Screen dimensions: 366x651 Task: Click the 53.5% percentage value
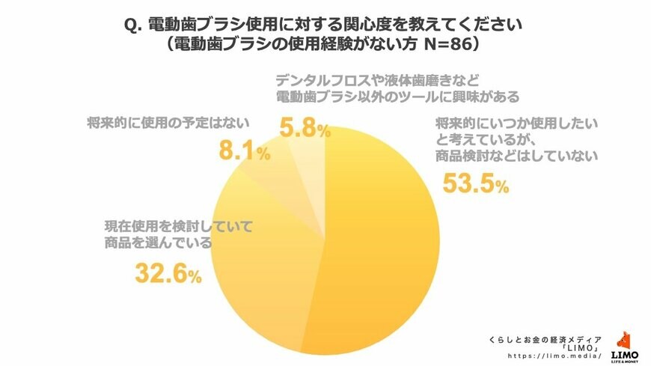[x=476, y=183]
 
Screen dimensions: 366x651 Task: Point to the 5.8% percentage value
[x=304, y=129]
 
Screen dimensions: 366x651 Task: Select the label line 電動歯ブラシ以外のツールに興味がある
[x=397, y=96]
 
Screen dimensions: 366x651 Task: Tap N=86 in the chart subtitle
[x=447, y=43]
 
